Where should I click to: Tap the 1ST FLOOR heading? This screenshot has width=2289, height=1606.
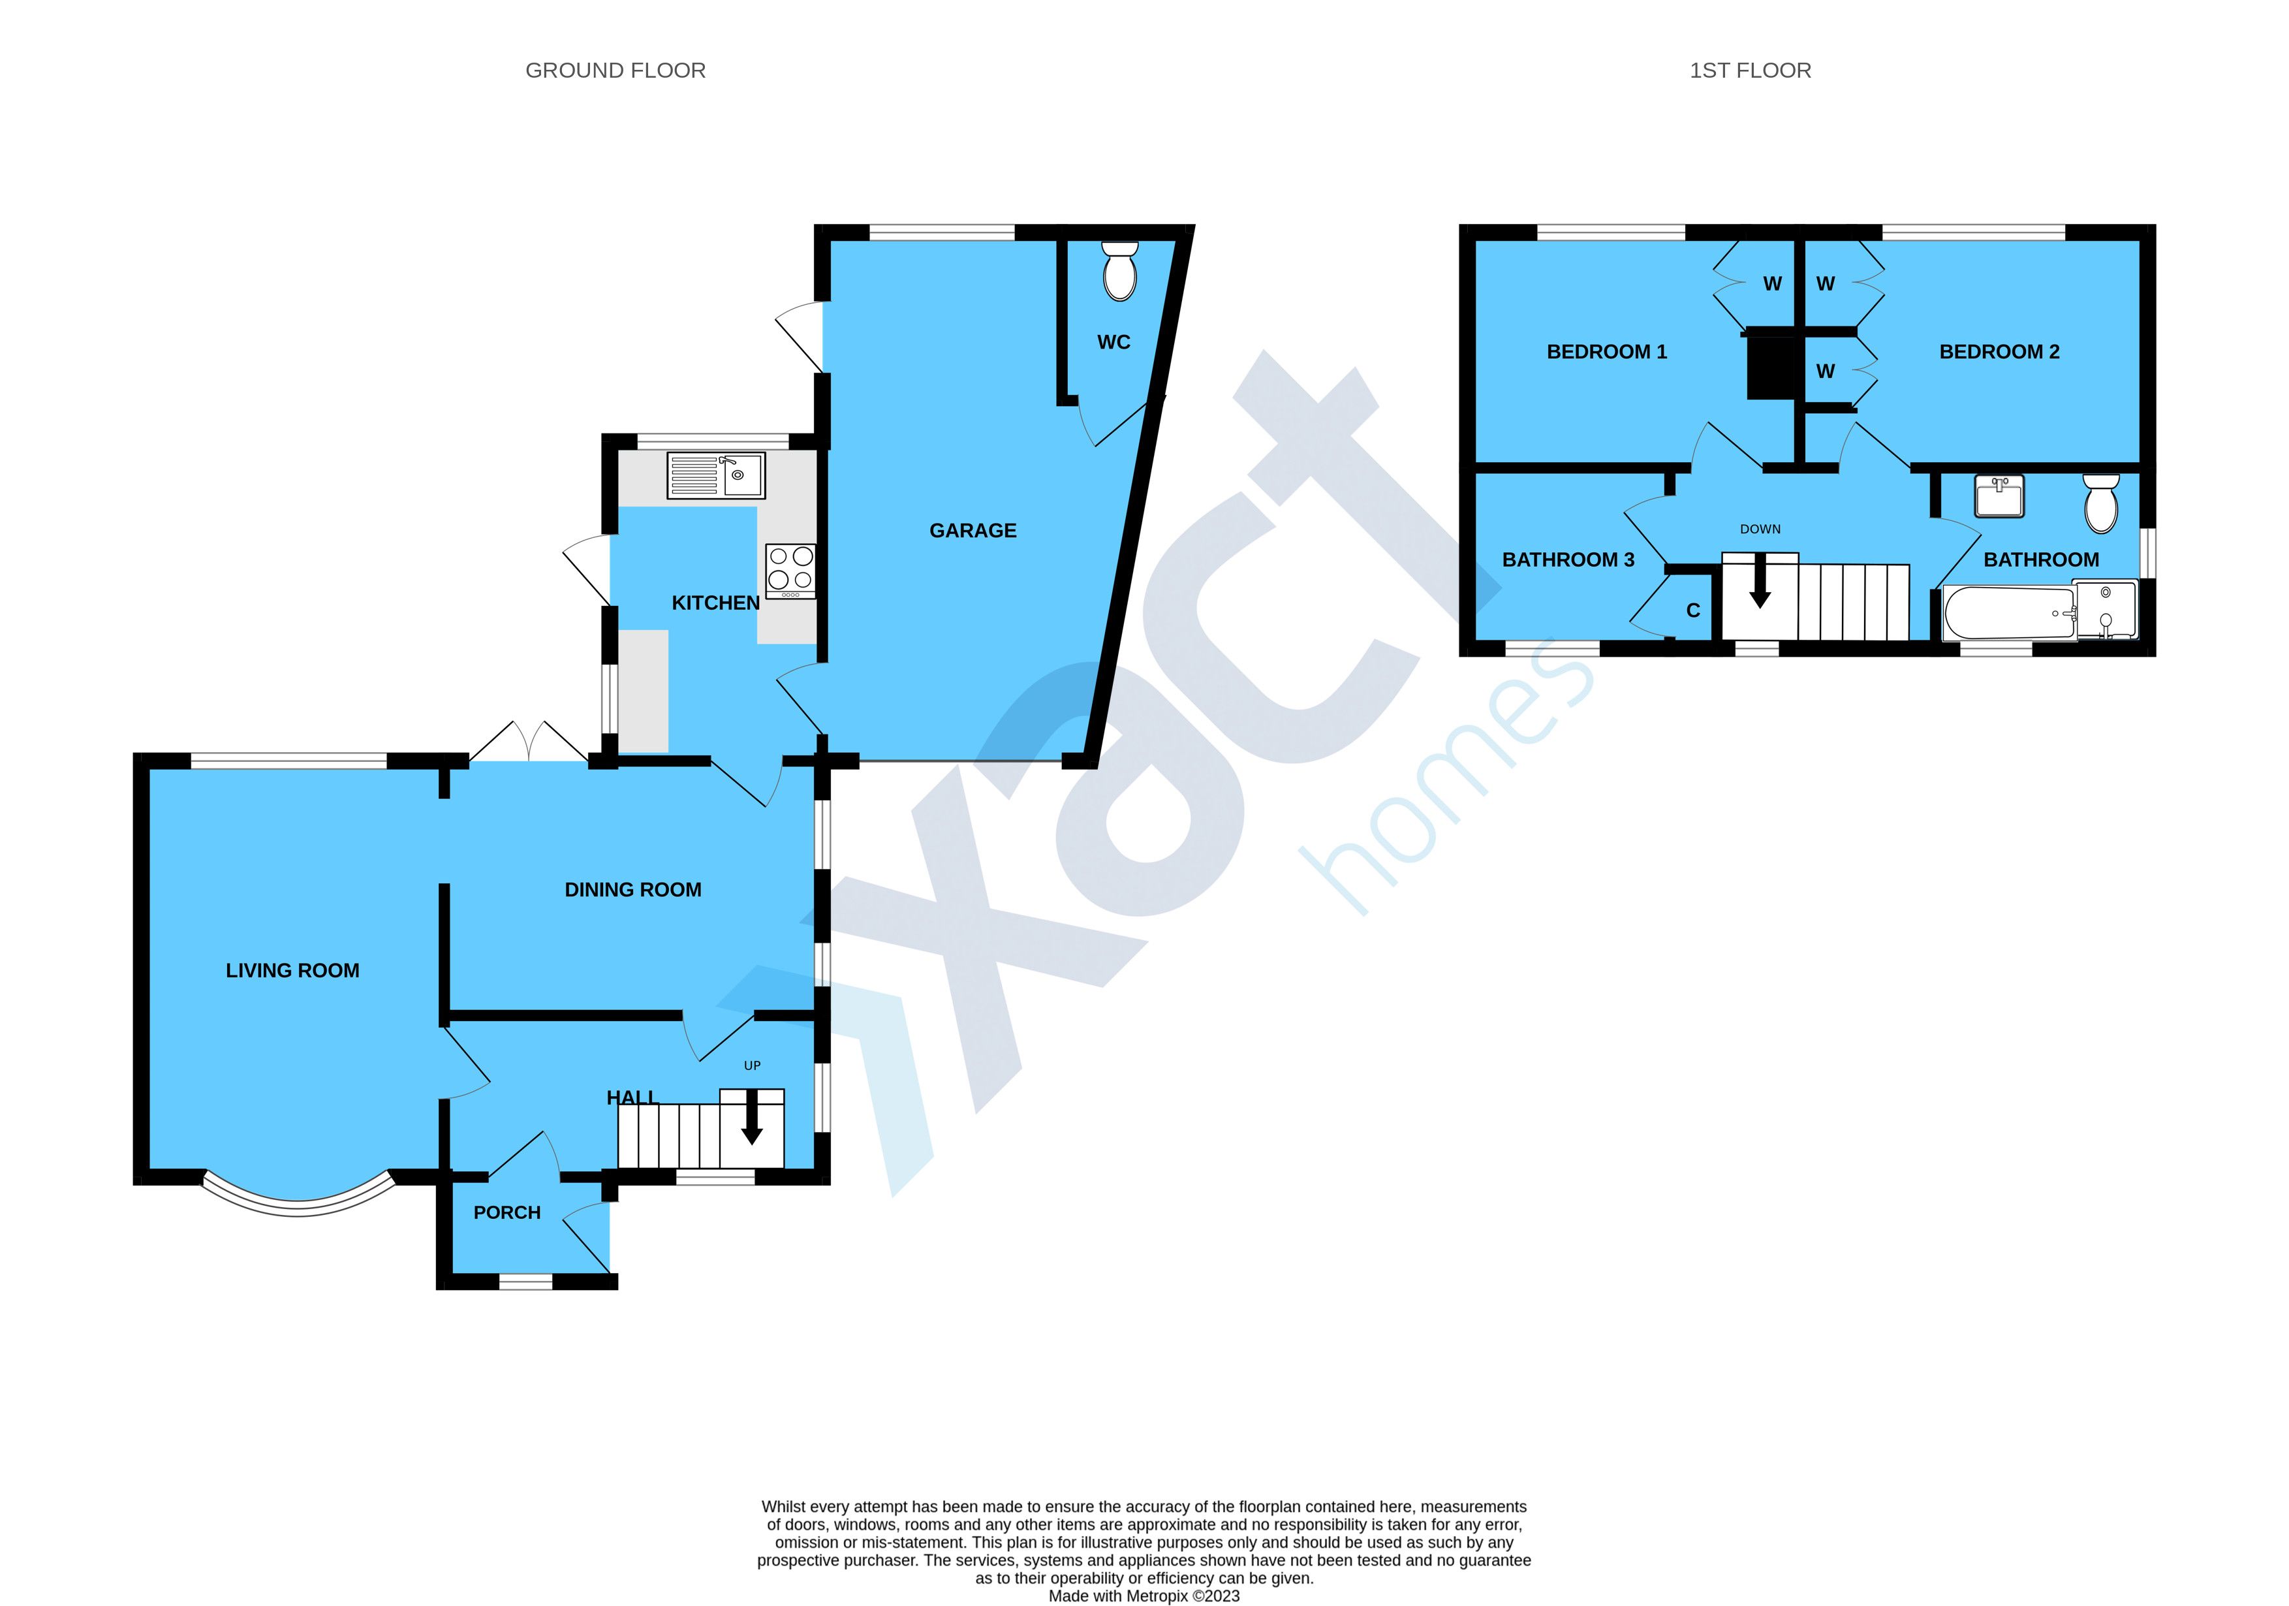(1750, 71)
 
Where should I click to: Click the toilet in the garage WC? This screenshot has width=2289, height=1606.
(1121, 270)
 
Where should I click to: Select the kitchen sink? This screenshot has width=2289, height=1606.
(716, 475)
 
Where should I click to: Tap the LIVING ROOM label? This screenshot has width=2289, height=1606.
(292, 971)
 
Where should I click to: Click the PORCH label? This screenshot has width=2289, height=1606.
(507, 1212)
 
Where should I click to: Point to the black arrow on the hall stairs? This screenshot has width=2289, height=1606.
(752, 1116)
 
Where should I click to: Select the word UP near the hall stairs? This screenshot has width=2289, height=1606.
(753, 1065)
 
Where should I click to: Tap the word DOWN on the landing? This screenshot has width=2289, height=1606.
(1760, 529)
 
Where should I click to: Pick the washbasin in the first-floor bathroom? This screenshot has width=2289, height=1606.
(2000, 496)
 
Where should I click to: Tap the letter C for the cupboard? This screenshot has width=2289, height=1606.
(1693, 611)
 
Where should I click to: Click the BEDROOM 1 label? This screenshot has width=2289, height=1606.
(1606, 352)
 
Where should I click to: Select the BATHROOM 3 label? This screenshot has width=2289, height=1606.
(1568, 560)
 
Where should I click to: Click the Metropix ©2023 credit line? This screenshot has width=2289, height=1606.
(1145, 1596)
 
